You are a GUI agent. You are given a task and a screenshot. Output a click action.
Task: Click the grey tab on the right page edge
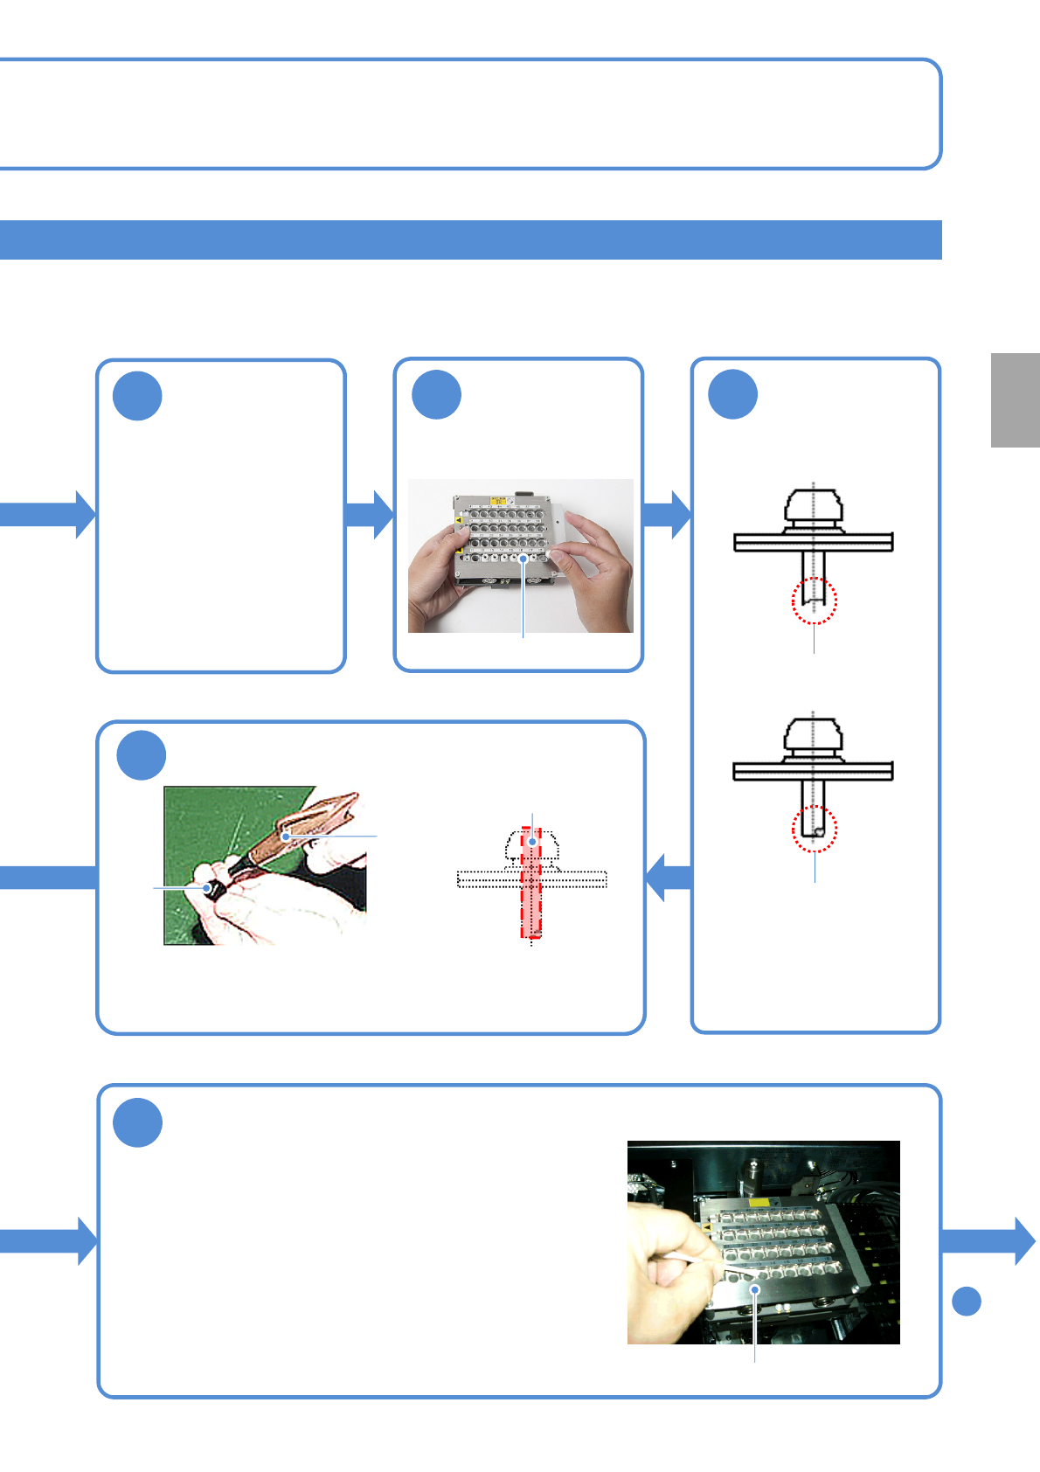click(1015, 400)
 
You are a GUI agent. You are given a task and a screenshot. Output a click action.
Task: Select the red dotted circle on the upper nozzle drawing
click(814, 601)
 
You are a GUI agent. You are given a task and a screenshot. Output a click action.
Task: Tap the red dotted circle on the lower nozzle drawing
click(815, 829)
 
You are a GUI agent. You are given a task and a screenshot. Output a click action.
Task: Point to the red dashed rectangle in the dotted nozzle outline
click(531, 883)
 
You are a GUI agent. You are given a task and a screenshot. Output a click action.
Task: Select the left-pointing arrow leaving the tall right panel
click(668, 877)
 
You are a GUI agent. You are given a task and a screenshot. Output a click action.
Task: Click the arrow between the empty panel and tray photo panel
click(371, 515)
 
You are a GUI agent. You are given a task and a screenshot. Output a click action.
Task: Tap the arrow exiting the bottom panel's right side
click(988, 1240)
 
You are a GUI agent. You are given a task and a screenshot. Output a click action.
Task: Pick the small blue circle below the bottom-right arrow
click(966, 1302)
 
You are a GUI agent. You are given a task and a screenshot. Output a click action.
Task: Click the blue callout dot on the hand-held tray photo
click(523, 558)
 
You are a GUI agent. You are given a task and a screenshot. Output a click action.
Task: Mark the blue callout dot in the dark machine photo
click(755, 1289)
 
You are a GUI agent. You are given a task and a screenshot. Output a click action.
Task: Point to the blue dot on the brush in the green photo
click(286, 837)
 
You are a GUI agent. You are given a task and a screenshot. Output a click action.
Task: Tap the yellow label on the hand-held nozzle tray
click(499, 501)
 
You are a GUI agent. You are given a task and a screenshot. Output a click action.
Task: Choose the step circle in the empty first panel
click(137, 396)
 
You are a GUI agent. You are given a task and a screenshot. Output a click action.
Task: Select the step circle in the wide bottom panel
click(138, 1122)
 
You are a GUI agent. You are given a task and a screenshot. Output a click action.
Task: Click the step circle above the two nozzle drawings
click(732, 394)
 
